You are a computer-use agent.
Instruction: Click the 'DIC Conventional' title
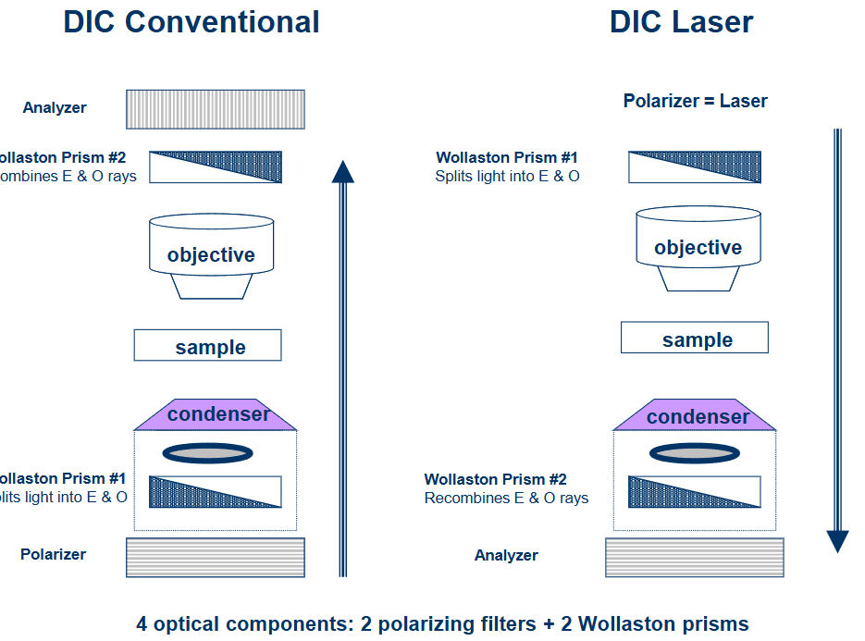click(x=191, y=22)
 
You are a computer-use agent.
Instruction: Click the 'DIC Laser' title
click(x=681, y=22)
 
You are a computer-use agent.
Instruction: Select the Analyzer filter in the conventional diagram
click(x=216, y=109)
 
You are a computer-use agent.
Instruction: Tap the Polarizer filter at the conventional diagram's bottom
click(x=216, y=557)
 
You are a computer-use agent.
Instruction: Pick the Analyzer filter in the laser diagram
click(x=694, y=558)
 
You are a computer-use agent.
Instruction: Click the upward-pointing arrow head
click(x=343, y=172)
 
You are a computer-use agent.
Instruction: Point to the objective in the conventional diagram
click(x=211, y=255)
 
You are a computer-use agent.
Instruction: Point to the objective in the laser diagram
click(x=698, y=248)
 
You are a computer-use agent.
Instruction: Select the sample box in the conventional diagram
click(x=208, y=346)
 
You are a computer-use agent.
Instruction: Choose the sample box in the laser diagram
click(x=695, y=339)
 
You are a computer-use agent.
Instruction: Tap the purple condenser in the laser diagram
click(x=695, y=417)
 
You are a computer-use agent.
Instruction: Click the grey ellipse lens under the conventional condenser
click(x=208, y=453)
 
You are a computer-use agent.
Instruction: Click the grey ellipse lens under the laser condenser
click(x=695, y=453)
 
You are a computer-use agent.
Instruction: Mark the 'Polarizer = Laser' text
click(x=695, y=101)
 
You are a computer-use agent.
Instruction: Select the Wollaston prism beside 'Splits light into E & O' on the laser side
click(x=695, y=167)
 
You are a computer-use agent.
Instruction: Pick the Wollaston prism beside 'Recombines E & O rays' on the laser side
click(x=695, y=491)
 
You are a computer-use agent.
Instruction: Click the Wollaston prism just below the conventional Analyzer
click(x=216, y=167)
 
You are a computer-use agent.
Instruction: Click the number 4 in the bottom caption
click(x=142, y=624)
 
